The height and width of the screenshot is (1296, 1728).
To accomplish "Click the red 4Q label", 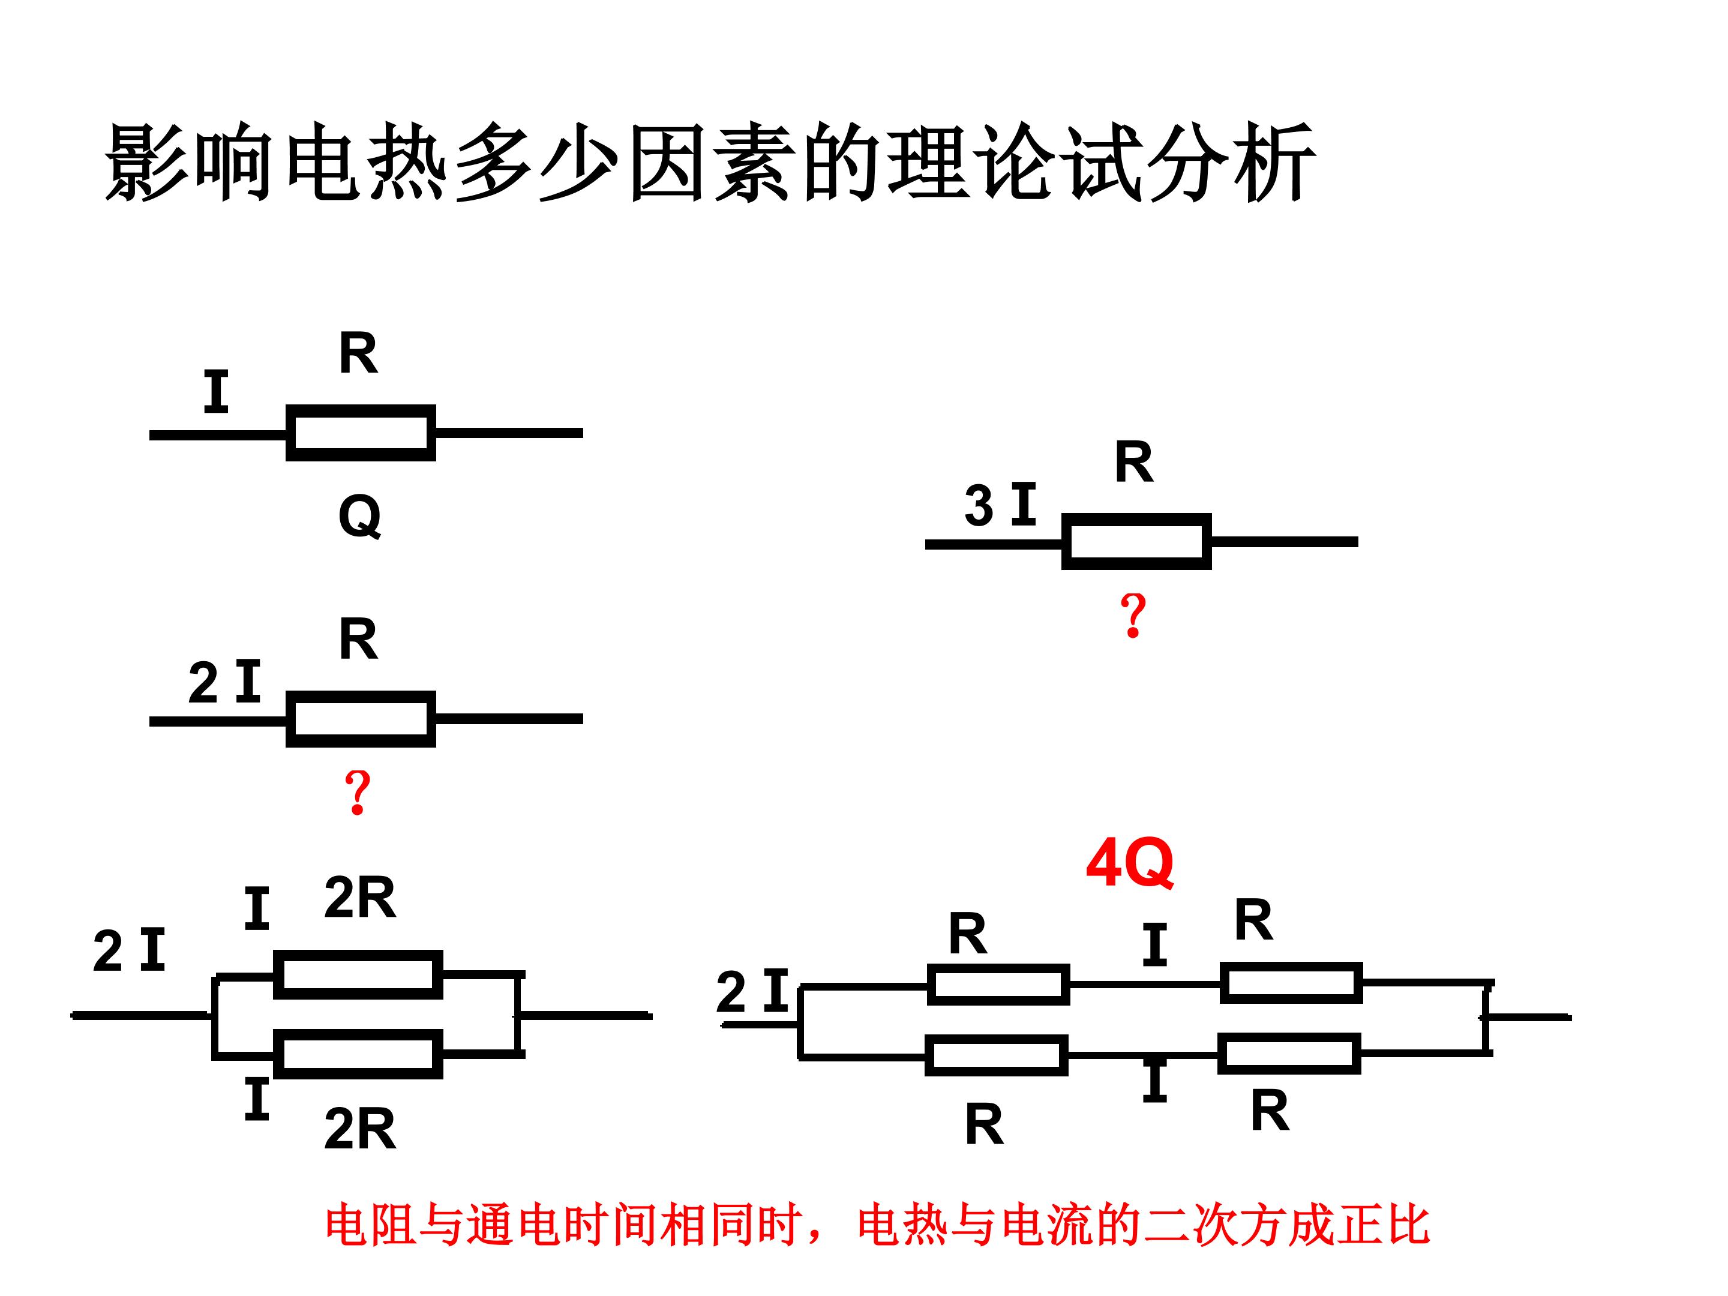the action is click(x=1130, y=863).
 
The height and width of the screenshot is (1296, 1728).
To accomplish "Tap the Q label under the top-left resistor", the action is click(x=360, y=517).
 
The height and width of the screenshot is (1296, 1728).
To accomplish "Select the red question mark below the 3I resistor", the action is click(x=1133, y=616).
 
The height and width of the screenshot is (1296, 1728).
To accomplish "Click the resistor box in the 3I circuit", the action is click(x=1136, y=541).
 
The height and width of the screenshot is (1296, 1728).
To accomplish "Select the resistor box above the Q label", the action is click(x=361, y=433).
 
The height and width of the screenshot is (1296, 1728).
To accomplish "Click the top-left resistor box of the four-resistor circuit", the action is click(x=998, y=985).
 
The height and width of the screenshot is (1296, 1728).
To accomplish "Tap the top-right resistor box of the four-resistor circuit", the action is click(x=1291, y=983).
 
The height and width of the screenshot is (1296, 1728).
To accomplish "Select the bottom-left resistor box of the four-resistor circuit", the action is click(x=997, y=1055).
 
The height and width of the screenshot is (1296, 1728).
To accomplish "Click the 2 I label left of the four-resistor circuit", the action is click(x=752, y=991).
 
